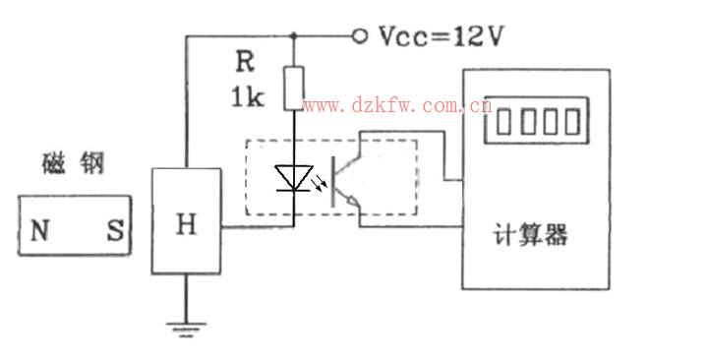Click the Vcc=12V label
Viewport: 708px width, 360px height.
click(442, 36)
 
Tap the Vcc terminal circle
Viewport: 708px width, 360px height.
click(360, 36)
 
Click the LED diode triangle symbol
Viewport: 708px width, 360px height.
click(293, 177)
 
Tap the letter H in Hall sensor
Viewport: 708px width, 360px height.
click(185, 226)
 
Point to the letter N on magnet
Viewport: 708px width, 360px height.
click(39, 231)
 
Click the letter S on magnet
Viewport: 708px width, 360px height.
click(114, 231)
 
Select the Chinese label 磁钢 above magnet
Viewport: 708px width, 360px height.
click(74, 164)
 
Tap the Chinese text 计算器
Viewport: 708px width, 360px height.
click(529, 236)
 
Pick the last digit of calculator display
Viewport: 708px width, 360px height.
click(571, 123)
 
